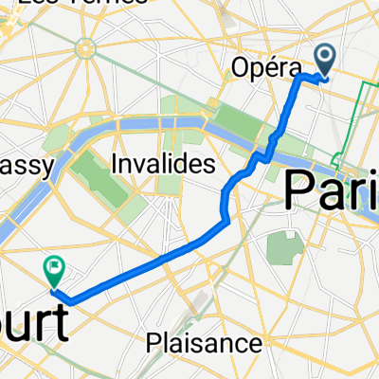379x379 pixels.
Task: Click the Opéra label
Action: [265, 67]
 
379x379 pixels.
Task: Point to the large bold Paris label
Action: [332, 189]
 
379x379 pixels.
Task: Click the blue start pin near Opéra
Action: [324, 60]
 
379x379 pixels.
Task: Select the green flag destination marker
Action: [54, 272]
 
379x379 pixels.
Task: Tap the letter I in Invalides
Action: [116, 164]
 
